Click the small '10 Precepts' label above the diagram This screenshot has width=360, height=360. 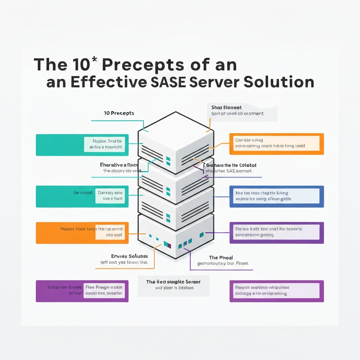(119, 113)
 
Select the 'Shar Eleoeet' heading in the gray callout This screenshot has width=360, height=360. (226, 107)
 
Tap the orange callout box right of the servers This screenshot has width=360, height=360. (276, 144)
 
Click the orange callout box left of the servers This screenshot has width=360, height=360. (82, 233)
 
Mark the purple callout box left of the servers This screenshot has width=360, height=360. (82, 291)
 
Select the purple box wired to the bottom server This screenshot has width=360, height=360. (276, 232)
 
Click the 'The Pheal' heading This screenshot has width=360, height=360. (221, 258)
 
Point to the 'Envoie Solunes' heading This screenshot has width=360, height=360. (124, 256)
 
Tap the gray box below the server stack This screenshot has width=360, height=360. (173, 285)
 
